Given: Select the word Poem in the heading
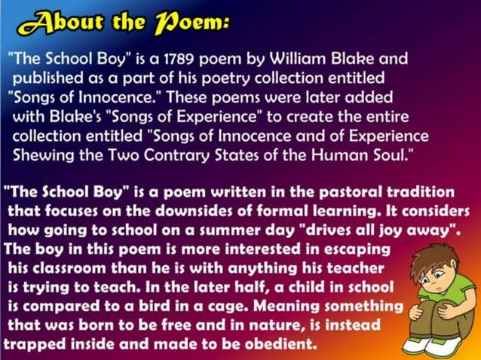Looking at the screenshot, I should pos(194,23).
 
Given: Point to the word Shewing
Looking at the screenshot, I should pos(41,154).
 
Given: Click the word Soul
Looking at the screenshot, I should pos(397,154).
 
